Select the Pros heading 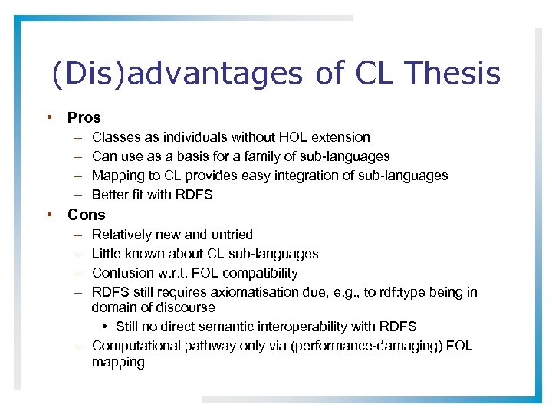tap(84, 118)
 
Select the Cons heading tap(86, 215)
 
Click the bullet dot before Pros tap(48, 118)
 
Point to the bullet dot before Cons tap(48, 214)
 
